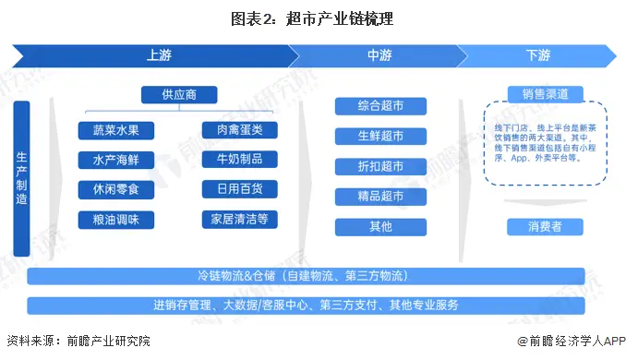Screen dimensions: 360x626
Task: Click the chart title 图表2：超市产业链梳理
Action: click(x=314, y=18)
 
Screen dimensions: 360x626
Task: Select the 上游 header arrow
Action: click(x=157, y=55)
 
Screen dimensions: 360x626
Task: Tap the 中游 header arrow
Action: click(x=379, y=55)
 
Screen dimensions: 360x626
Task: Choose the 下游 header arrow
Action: click(x=537, y=55)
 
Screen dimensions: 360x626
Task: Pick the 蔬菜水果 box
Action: click(x=116, y=129)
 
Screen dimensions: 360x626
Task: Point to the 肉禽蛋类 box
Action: click(x=240, y=129)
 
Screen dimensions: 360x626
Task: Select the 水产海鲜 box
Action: click(x=116, y=160)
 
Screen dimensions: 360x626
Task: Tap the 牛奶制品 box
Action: click(x=240, y=160)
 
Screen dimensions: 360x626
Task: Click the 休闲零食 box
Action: click(x=116, y=189)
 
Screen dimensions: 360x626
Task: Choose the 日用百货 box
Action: click(x=240, y=189)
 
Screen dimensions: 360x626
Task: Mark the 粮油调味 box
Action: click(x=116, y=220)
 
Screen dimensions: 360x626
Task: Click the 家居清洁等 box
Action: click(x=240, y=220)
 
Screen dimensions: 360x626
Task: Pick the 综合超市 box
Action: click(x=380, y=105)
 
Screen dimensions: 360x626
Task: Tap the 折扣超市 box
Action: click(x=380, y=166)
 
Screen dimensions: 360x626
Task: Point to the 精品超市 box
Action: click(x=380, y=196)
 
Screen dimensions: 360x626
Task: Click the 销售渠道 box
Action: click(x=537, y=94)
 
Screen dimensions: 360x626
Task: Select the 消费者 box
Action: click(x=537, y=226)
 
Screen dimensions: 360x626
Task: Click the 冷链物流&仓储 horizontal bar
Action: click(x=305, y=276)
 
